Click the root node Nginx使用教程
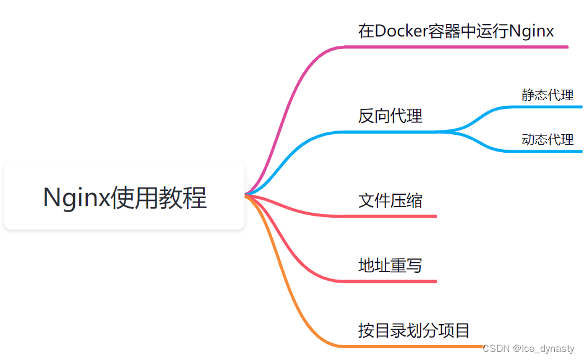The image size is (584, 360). (x=124, y=197)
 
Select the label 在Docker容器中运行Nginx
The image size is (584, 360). (x=456, y=31)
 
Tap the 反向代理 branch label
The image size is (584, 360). (x=390, y=116)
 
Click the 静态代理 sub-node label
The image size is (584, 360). (x=547, y=95)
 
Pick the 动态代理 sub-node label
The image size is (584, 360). (x=547, y=140)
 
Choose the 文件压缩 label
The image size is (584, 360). (x=390, y=200)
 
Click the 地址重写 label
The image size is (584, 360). (x=390, y=266)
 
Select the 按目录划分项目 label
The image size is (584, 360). (x=414, y=330)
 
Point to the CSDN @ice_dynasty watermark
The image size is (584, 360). (x=528, y=349)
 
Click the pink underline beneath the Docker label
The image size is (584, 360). (x=458, y=47)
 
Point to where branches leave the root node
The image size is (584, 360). (x=246, y=195)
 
